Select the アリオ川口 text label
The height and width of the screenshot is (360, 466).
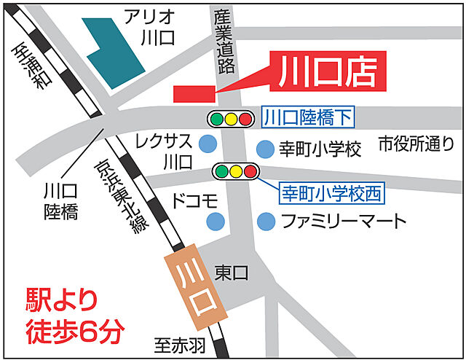point(150,26)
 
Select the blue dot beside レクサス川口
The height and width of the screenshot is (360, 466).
point(209,142)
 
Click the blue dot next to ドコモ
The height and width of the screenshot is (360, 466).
point(214,220)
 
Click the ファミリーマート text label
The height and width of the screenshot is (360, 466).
point(342,220)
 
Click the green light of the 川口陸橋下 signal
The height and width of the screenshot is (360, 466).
point(216,117)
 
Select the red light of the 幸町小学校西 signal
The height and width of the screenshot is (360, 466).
point(250,172)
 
